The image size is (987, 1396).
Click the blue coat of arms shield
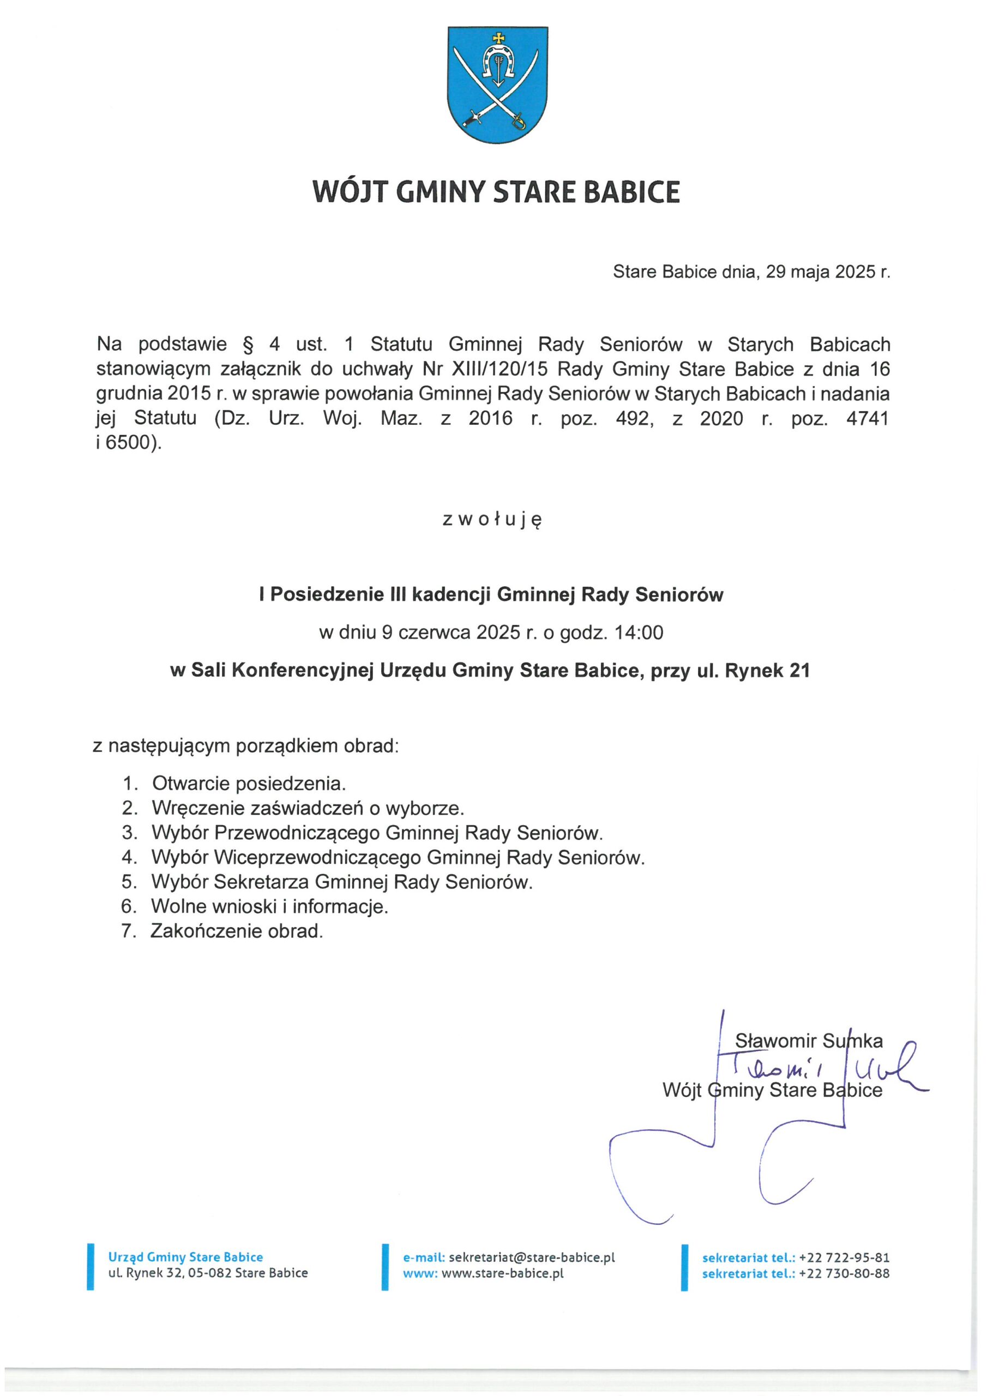pyautogui.click(x=497, y=85)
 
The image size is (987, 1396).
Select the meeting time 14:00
pyautogui.click(x=639, y=633)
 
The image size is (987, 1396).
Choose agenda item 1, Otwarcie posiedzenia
pyautogui.click(x=249, y=783)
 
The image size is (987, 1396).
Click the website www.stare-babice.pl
pyautogui.click(x=502, y=1273)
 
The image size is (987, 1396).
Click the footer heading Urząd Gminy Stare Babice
pyautogui.click(x=185, y=1257)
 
